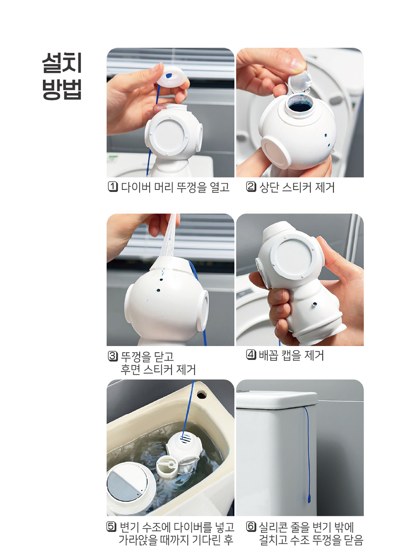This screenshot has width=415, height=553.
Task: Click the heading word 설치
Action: click(x=62, y=63)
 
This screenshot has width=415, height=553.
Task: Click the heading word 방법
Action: click(x=62, y=89)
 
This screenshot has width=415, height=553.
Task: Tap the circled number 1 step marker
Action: click(x=112, y=187)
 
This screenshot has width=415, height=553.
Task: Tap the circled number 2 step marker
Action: click(x=251, y=187)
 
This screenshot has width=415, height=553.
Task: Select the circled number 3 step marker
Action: click(x=112, y=356)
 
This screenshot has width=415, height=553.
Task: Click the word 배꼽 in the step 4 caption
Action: click(x=269, y=355)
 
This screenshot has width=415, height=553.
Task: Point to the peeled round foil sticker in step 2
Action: click(x=300, y=81)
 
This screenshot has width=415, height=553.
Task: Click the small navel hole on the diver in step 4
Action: click(x=315, y=304)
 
